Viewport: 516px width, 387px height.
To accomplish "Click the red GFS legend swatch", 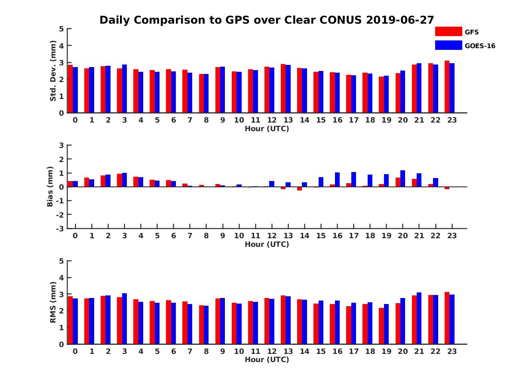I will point(448,32).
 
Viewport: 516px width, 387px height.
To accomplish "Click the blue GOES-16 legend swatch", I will point(448,45).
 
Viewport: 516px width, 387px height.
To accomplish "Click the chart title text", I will point(267,20).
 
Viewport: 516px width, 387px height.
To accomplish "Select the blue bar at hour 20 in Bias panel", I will point(402,178).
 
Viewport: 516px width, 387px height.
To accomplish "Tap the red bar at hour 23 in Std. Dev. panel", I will point(447,87).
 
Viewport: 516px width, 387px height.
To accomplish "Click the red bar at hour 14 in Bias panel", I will point(299,188).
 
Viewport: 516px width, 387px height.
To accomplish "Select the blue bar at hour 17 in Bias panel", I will point(353,179).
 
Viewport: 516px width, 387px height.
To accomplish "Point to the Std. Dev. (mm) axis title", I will point(53,71).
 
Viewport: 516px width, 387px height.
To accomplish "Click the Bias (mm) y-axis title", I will point(50,187).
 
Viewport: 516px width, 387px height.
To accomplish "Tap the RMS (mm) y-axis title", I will point(53,302).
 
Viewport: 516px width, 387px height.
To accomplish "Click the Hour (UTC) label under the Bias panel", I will point(267,244).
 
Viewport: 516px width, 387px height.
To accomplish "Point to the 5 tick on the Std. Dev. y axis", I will point(61,29).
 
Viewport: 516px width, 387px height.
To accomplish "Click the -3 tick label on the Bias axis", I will point(60,228).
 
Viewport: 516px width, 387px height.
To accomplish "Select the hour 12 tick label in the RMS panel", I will point(271,351).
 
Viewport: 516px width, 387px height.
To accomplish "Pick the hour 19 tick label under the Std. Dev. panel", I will point(386,120).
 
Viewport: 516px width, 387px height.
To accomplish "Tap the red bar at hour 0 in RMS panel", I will point(70,320).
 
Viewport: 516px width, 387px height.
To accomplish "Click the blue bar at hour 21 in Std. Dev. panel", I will point(419,88).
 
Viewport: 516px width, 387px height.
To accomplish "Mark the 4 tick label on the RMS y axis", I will point(61,278).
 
